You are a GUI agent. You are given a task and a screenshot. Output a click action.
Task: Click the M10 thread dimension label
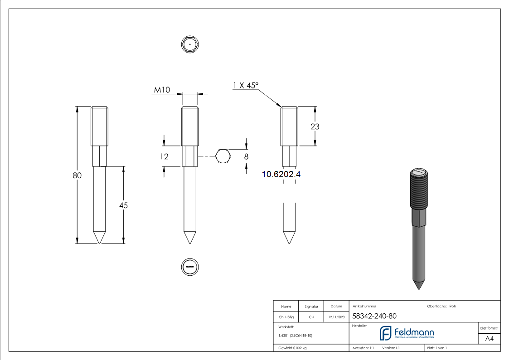click(162, 90)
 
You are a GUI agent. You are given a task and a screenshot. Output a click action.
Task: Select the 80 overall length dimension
click(77, 175)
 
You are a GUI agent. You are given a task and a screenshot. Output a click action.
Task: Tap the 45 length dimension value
click(123, 205)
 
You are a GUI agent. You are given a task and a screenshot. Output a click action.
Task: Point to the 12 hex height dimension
click(164, 156)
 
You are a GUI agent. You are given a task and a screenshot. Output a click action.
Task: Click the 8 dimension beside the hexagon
click(247, 156)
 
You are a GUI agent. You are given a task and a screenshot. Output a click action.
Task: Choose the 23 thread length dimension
click(315, 126)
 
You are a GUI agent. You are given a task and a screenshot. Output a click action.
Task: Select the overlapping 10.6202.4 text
click(281, 174)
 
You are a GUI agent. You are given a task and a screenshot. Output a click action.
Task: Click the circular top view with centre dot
click(190, 44)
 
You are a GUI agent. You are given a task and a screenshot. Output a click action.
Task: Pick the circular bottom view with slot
click(190, 267)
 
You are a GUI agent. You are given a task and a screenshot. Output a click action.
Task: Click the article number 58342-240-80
click(374, 316)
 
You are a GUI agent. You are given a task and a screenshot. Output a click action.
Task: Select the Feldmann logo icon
click(385, 333)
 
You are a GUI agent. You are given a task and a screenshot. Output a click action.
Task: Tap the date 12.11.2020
click(336, 317)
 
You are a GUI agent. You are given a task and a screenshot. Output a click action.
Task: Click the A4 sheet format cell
click(489, 338)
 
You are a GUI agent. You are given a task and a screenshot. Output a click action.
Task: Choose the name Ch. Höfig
click(286, 317)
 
